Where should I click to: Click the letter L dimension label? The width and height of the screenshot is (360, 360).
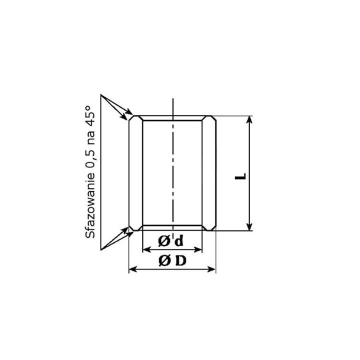click(x=240, y=176)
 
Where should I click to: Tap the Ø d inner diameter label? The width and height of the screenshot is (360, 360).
click(x=171, y=241)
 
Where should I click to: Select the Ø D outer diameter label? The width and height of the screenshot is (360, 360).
click(x=172, y=260)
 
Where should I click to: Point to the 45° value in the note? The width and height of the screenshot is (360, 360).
click(x=89, y=116)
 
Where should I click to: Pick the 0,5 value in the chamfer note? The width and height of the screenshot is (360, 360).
click(x=90, y=160)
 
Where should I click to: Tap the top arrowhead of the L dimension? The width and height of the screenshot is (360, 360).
click(x=249, y=119)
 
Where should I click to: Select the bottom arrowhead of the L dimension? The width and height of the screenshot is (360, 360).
click(x=249, y=227)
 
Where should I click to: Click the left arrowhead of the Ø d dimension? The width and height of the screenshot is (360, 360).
click(x=146, y=249)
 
